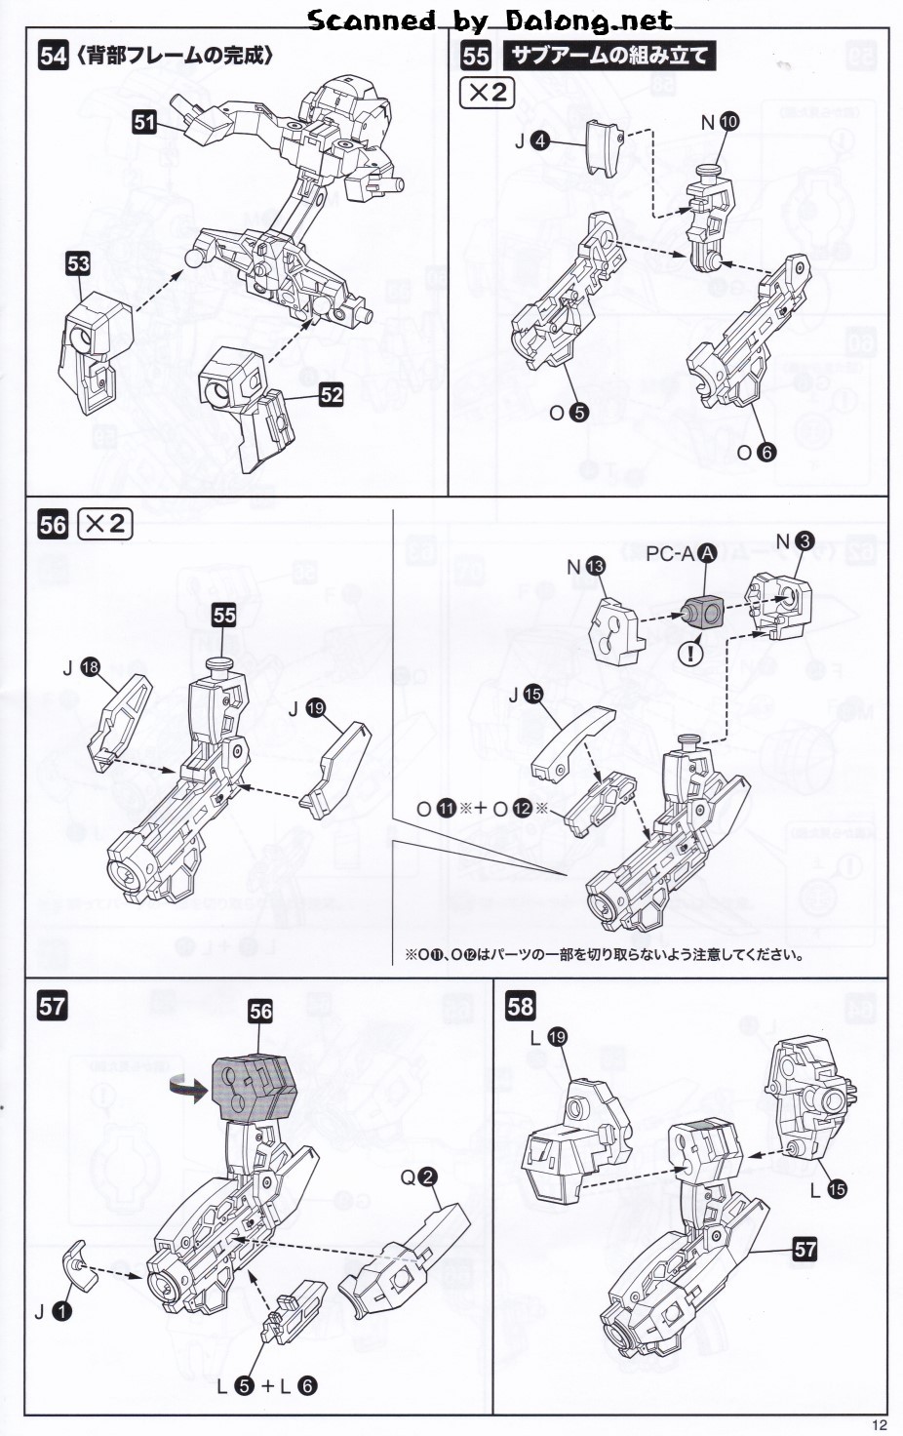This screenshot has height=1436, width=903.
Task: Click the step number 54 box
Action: [53, 56]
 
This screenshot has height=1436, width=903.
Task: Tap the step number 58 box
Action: [520, 1006]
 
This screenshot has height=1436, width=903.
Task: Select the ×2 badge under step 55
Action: [487, 93]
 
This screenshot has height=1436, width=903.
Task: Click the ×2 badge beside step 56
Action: [104, 524]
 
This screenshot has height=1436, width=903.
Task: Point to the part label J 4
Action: [531, 142]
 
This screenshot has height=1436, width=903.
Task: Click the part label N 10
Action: [720, 122]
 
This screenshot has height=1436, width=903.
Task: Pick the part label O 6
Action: [756, 452]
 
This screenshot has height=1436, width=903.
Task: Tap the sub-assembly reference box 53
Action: [78, 262]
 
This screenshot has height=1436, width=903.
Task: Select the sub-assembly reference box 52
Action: [332, 394]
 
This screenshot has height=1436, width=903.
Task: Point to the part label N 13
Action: [585, 566]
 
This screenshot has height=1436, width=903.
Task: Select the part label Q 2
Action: [417, 1177]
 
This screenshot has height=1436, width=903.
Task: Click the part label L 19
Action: [548, 1038]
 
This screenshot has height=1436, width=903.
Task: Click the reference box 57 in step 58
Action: [805, 1250]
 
